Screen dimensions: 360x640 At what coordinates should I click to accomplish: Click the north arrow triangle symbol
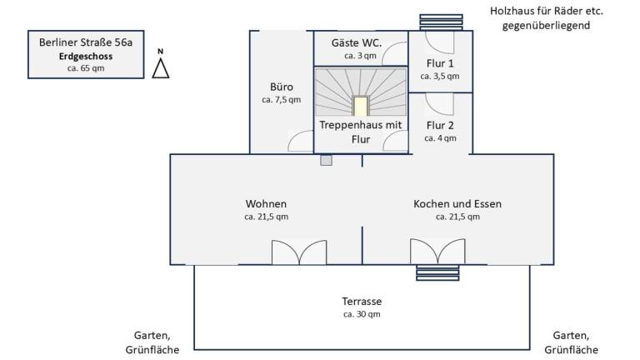click(160, 68)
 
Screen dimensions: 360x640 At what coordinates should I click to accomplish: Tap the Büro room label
click(282, 87)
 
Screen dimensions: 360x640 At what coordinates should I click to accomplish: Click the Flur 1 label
click(440, 62)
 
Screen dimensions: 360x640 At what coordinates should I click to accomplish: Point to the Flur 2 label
click(440, 125)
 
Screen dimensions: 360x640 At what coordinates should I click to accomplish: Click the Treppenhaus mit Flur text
click(361, 132)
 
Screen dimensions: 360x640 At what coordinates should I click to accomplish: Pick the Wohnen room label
click(266, 203)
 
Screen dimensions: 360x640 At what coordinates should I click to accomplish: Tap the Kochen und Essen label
click(457, 203)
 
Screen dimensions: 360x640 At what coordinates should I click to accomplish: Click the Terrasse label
click(362, 301)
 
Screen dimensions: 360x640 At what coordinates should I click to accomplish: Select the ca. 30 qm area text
click(362, 315)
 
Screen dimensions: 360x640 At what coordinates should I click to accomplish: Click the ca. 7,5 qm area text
click(282, 100)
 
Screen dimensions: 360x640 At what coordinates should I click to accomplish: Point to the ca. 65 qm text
click(86, 69)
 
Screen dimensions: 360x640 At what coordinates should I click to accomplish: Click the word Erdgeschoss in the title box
click(86, 56)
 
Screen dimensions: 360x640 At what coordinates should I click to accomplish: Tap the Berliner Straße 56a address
click(86, 42)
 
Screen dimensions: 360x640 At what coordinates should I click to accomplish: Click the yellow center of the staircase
click(360, 107)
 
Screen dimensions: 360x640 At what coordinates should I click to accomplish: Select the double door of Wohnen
click(299, 253)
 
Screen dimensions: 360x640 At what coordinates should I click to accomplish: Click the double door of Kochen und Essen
click(437, 252)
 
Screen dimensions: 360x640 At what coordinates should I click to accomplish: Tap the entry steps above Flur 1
click(440, 21)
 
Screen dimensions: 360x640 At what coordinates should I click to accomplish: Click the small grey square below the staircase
click(326, 160)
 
